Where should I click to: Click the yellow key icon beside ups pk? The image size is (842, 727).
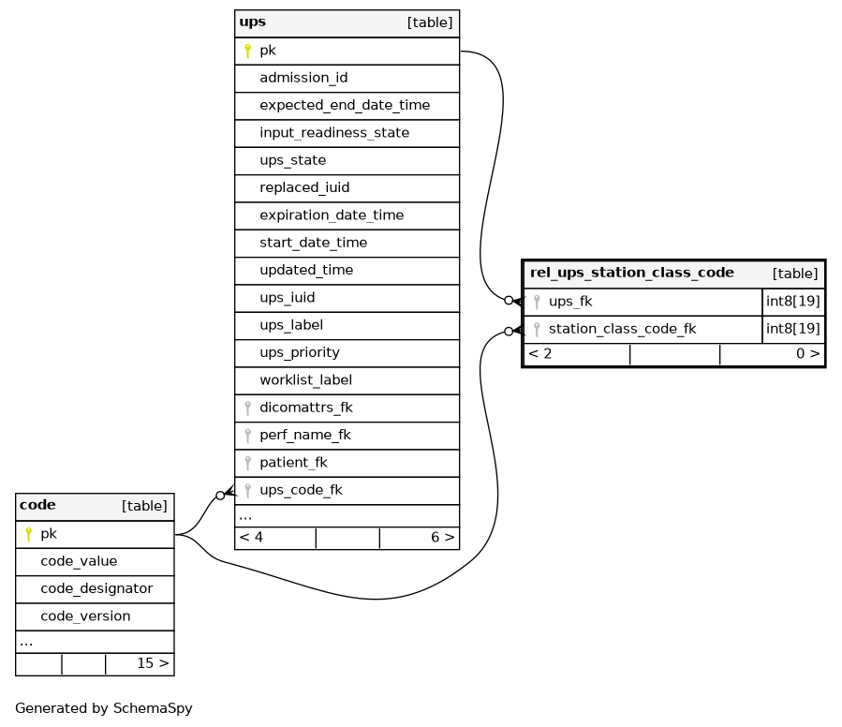click(x=247, y=51)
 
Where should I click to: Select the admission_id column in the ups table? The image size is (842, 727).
click(x=303, y=78)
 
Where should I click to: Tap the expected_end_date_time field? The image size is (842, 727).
click(x=345, y=105)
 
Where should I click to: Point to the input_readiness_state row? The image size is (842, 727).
click(x=334, y=133)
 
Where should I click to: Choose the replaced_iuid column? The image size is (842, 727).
click(x=304, y=187)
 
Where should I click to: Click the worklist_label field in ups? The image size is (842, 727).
click(x=306, y=379)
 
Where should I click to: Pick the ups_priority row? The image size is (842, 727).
click(x=300, y=353)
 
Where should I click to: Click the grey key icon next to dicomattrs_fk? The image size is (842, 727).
click(x=247, y=408)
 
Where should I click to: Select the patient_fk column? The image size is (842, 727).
click(x=294, y=463)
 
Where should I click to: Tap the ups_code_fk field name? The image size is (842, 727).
click(x=302, y=490)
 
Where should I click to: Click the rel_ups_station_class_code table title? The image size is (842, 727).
click(x=632, y=273)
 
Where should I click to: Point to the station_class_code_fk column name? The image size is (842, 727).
click(x=623, y=329)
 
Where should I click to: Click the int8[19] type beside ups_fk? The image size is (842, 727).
click(x=793, y=302)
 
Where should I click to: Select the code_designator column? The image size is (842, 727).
click(x=96, y=589)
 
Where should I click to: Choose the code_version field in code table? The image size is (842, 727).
click(x=85, y=616)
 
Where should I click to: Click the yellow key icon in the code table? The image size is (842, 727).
click(x=28, y=534)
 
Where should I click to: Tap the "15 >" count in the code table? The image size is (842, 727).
click(x=153, y=663)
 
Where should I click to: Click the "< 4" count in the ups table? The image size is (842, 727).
click(x=251, y=538)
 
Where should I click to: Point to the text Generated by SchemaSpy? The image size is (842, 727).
click(x=104, y=708)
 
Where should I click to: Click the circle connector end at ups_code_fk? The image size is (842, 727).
click(x=220, y=496)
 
